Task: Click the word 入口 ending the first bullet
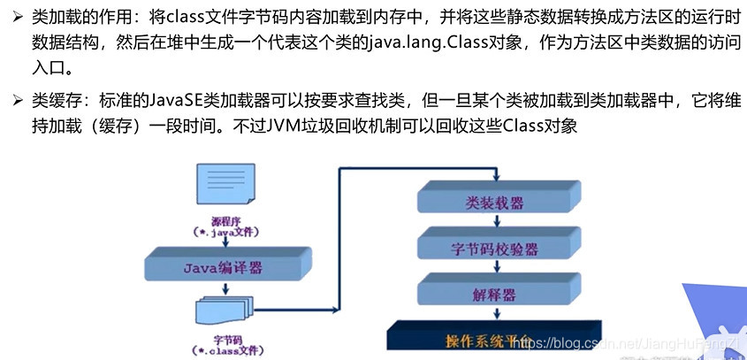pos(48,69)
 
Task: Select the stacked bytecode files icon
pos(218,311)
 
